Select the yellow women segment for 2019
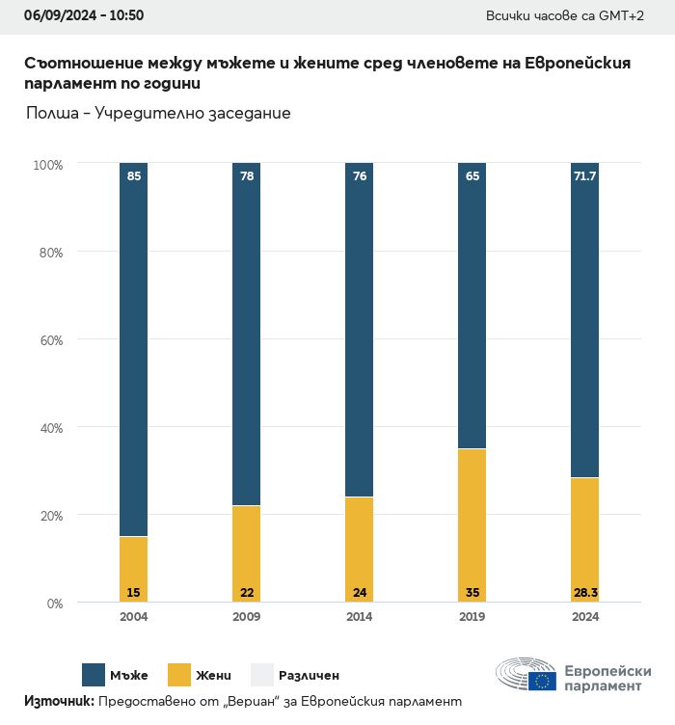(472, 525)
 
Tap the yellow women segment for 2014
(359, 550)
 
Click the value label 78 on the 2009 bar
(247, 176)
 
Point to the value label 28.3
(584, 591)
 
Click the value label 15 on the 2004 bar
(134, 591)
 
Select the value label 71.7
(584, 176)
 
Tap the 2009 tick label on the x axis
(247, 617)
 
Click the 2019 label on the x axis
(472, 617)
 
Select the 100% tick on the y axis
(47, 165)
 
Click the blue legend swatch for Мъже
(94, 675)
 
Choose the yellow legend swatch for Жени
(178, 675)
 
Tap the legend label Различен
(309, 676)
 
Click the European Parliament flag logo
(542, 681)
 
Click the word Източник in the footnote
(58, 702)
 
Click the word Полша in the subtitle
(53, 113)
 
